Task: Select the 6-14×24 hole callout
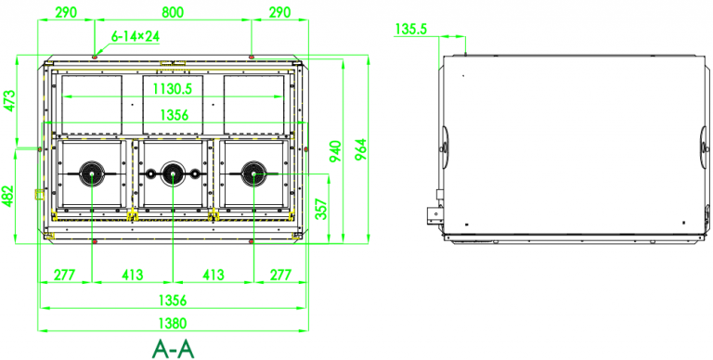(x=136, y=35)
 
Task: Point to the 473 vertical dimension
(x=10, y=101)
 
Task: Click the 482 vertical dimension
(x=10, y=197)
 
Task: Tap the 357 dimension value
(x=322, y=210)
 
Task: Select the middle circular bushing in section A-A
(x=173, y=172)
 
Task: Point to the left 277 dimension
(x=64, y=275)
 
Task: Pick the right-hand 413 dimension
(x=213, y=275)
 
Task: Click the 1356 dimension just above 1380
(x=173, y=300)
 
